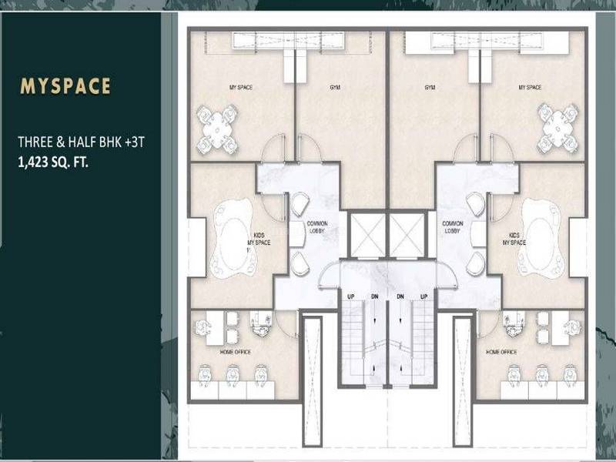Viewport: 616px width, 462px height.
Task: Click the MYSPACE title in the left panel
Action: click(65, 85)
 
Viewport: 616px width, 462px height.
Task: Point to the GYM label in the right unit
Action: click(430, 88)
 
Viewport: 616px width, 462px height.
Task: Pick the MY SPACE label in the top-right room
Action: click(529, 88)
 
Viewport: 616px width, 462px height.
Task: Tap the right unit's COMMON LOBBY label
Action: click(452, 227)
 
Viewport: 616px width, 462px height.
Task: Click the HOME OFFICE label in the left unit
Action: click(236, 352)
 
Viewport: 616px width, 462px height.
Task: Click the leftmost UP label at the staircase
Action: click(350, 296)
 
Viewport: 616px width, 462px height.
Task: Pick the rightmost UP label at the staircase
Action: click(423, 296)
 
